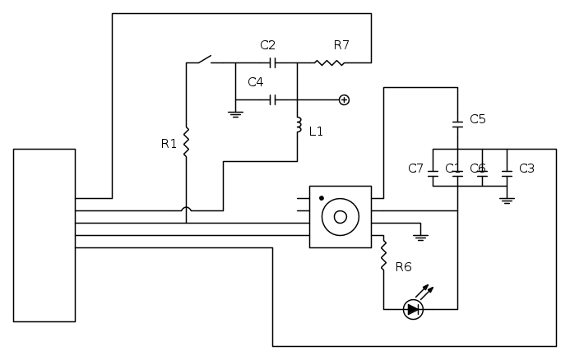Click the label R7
(x=341, y=45)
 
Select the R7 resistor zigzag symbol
(x=330, y=62)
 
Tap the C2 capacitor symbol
(x=272, y=62)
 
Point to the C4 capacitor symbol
(x=272, y=100)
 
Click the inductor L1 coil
(x=298, y=127)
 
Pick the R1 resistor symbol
(x=186, y=142)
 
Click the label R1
(x=169, y=144)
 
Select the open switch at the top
(x=199, y=60)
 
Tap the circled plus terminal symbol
(x=344, y=100)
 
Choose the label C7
(x=415, y=168)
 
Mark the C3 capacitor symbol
(x=507, y=173)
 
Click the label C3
(x=526, y=168)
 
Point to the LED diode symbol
(x=413, y=310)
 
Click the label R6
(x=403, y=266)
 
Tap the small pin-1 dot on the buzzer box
(x=322, y=198)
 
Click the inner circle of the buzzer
(x=340, y=217)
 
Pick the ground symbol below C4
(x=235, y=113)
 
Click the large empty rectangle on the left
(x=44, y=234)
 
